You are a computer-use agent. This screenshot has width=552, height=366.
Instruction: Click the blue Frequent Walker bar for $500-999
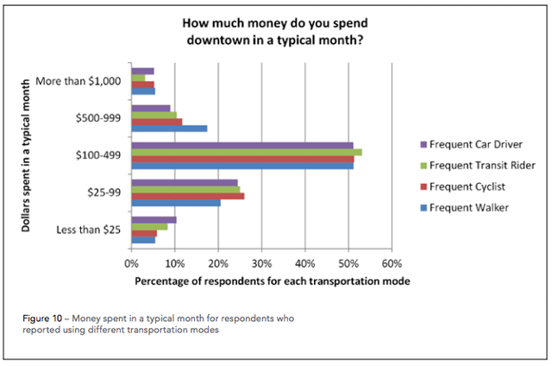pyautogui.click(x=169, y=129)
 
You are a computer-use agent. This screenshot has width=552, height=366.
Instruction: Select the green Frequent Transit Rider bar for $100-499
pyautogui.click(x=246, y=152)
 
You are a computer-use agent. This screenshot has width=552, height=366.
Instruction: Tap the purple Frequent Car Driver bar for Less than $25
pyautogui.click(x=154, y=219)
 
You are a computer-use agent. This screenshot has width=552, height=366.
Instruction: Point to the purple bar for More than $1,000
pyautogui.click(x=142, y=71)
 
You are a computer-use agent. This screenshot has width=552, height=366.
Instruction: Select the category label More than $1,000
pyautogui.click(x=78, y=81)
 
